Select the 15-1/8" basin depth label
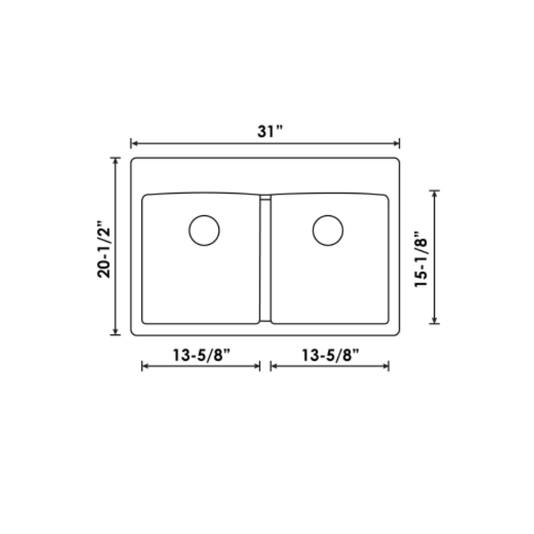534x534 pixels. [x=420, y=259]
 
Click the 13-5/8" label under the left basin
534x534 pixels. [x=201, y=355]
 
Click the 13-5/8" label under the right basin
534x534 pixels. [x=330, y=355]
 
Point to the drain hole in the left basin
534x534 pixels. [x=204, y=230]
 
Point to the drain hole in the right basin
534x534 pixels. [x=328, y=230]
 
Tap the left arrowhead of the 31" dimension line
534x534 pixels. [x=133, y=143]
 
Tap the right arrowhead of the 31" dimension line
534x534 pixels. [x=397, y=143]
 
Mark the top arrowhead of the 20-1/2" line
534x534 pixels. [x=116, y=161]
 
